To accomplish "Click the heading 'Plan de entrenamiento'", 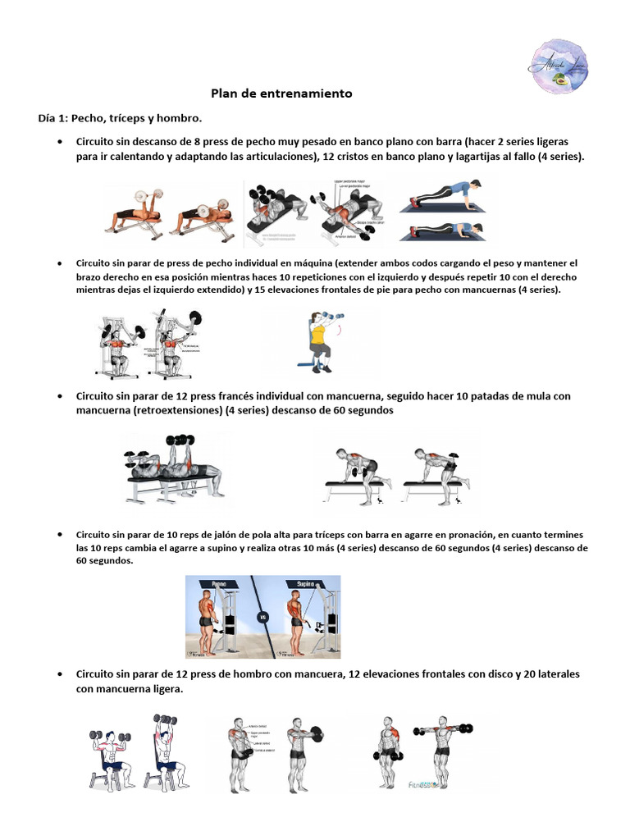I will (x=281, y=94).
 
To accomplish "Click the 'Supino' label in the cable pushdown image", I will (x=296, y=586).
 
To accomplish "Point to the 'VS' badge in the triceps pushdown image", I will (x=262, y=616).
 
